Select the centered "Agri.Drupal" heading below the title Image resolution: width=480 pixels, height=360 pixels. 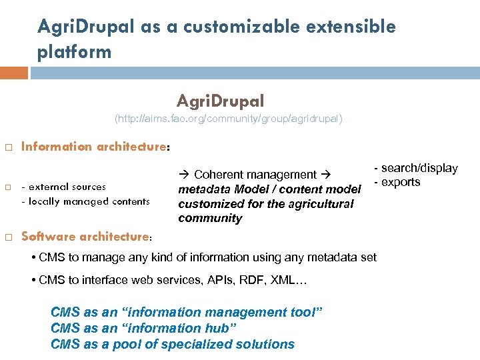click(x=221, y=101)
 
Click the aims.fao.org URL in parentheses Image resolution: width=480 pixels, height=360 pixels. click(x=229, y=119)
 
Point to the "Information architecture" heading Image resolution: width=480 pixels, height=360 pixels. click(x=93, y=147)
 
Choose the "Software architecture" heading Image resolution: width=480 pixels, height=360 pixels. click(x=85, y=236)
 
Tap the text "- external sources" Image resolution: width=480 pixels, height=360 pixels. click(x=63, y=187)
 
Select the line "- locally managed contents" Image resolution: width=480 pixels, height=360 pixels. click(x=85, y=201)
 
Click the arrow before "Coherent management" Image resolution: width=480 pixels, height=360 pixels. click(x=184, y=175)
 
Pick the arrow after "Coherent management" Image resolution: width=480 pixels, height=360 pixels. click(x=327, y=175)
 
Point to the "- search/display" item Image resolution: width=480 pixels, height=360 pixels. click(x=415, y=168)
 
